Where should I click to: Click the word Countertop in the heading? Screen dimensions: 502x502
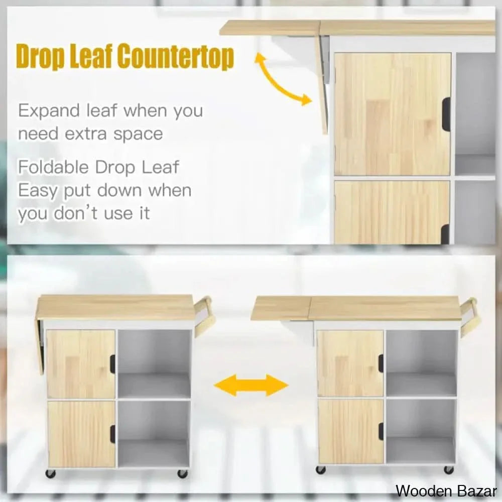tap(175, 57)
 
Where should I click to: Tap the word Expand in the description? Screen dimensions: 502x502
tap(49, 111)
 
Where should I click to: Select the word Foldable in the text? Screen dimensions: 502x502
tap(53, 167)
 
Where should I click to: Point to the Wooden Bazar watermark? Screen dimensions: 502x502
tap(446, 490)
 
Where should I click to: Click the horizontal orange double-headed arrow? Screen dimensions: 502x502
tap(251, 386)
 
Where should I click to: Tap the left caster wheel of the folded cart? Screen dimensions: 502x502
tap(51, 473)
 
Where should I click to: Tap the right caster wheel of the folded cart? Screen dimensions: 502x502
tap(183, 473)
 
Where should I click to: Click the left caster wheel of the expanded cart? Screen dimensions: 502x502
tap(321, 470)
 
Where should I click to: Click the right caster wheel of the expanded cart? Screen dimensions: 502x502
tap(448, 470)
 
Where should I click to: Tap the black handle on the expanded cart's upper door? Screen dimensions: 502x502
tap(381, 362)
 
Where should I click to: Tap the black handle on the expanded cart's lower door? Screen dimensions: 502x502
tap(381, 431)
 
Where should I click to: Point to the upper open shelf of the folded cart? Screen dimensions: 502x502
tap(154, 364)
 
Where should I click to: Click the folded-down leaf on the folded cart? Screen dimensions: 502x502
tap(41, 346)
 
